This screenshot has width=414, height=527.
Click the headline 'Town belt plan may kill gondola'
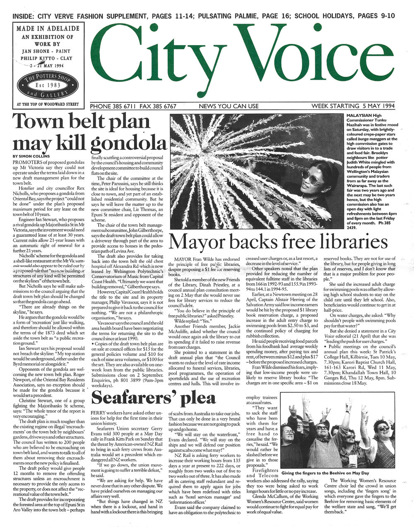[x=89, y=133]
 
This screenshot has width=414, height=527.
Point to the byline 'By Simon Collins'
[x=30, y=156]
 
